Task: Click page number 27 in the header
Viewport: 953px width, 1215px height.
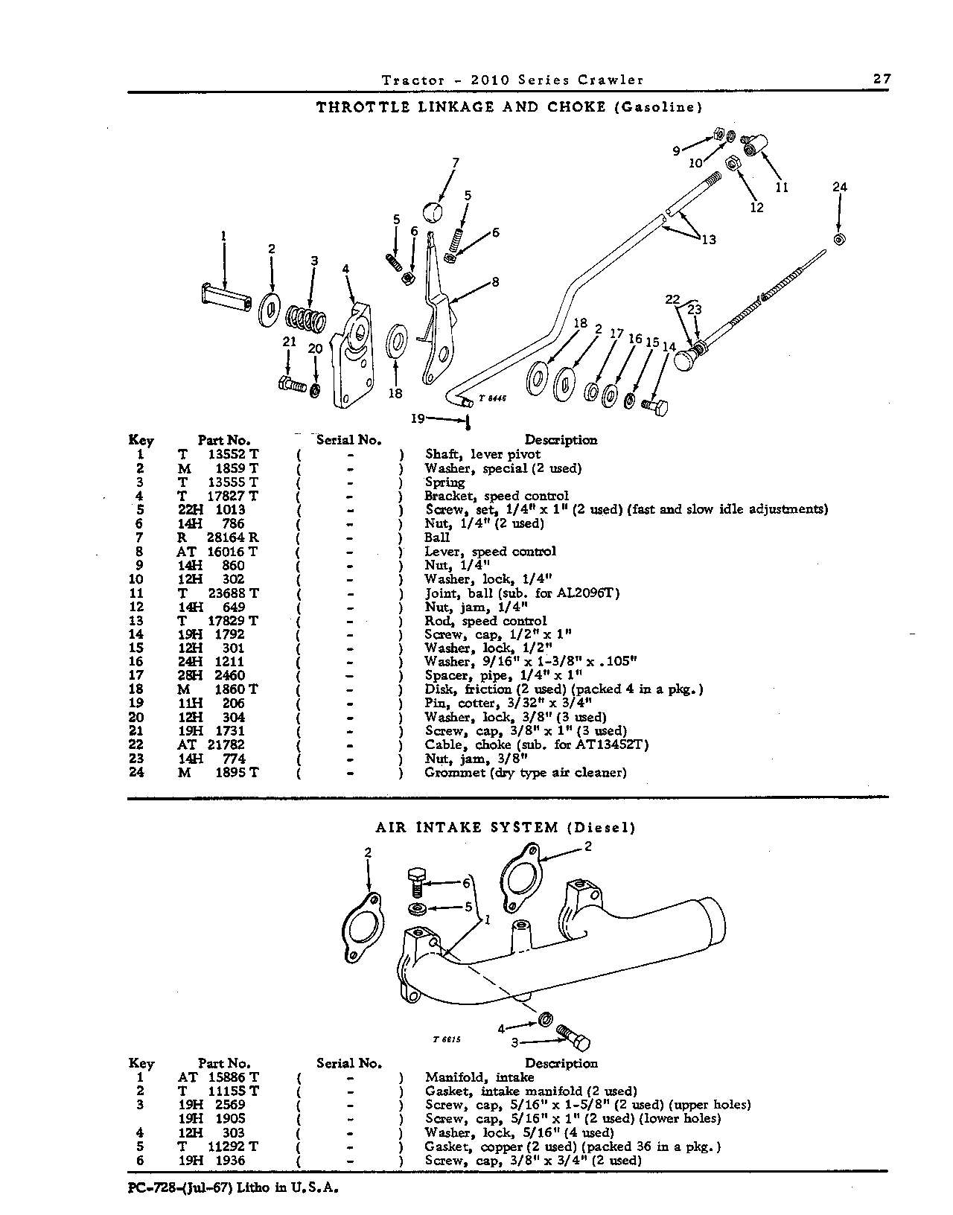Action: click(x=882, y=79)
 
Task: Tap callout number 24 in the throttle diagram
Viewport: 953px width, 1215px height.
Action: click(x=840, y=187)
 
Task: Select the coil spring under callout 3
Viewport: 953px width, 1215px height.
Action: click(x=306, y=319)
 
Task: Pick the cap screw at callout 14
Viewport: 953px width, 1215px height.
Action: click(x=654, y=406)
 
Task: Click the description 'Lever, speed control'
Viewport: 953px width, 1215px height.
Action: click(x=490, y=552)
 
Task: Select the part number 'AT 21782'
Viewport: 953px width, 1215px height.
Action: click(x=211, y=744)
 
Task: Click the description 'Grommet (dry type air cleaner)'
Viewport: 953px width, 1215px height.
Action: click(x=526, y=773)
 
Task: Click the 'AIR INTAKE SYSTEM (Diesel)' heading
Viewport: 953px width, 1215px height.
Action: click(x=506, y=828)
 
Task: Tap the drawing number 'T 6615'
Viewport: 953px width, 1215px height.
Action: click(x=447, y=1039)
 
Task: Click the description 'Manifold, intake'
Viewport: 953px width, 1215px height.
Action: click(x=479, y=1077)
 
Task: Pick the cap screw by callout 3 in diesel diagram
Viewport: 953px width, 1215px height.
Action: click(x=573, y=1038)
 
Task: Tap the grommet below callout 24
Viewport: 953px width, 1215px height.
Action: click(x=839, y=239)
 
